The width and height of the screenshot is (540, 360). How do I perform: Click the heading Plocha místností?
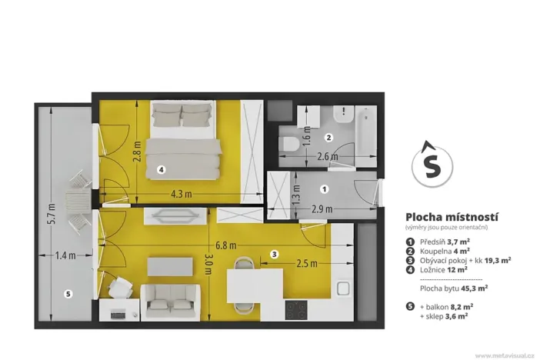(446, 216)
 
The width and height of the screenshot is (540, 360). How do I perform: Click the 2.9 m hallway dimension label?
(322, 208)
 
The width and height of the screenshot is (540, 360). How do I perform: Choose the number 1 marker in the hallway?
(324, 188)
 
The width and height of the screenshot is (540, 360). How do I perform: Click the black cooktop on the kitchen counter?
(295, 310)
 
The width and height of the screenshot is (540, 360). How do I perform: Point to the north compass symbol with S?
(433, 165)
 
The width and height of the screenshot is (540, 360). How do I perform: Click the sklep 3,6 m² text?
(445, 315)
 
